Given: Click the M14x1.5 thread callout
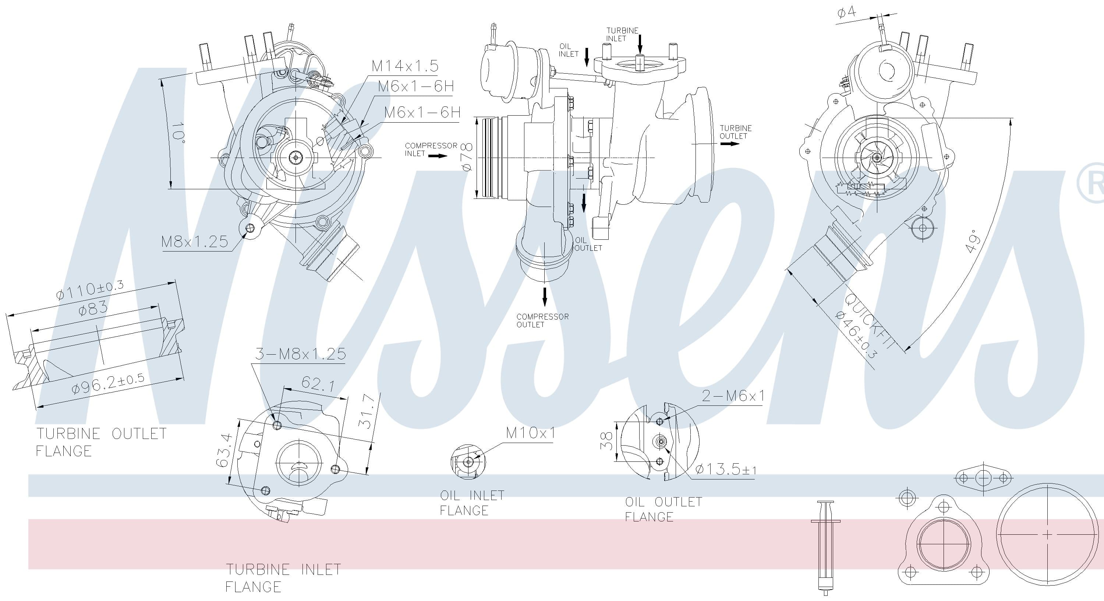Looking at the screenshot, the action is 405,66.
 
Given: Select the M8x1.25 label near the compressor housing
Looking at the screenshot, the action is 195,242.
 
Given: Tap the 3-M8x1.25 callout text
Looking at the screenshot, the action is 300,354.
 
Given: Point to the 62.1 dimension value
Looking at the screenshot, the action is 318,383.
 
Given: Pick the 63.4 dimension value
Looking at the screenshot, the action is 223,450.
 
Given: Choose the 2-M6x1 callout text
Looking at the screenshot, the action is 733,396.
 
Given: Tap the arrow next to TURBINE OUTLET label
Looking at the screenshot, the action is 730,144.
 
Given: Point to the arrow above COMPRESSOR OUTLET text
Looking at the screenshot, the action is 545,297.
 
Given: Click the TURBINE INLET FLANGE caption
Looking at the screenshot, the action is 283,578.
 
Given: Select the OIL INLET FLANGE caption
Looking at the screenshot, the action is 472,503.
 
